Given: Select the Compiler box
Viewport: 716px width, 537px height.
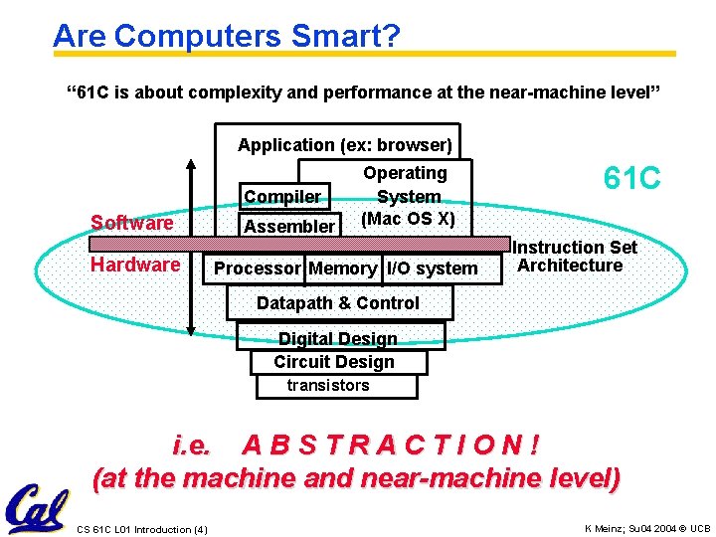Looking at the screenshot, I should point(282,197).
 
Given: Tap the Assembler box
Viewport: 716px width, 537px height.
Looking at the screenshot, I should point(289,226).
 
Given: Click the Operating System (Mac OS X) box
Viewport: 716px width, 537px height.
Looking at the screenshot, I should point(408,196).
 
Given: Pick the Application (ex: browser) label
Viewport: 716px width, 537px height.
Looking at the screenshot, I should point(344,145).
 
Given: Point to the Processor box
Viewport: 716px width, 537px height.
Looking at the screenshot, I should point(257,268).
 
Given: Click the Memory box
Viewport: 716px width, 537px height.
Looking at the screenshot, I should point(343,268).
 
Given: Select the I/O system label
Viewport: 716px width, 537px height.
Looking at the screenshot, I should point(432,268).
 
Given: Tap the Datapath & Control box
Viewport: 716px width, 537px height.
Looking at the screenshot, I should point(338,303).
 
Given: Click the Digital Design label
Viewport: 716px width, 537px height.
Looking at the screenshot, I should point(337,339).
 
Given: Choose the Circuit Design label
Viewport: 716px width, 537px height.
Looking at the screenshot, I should point(334,362).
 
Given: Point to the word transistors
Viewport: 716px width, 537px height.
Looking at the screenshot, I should point(328,385).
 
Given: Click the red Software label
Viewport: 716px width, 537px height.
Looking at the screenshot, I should point(131,223).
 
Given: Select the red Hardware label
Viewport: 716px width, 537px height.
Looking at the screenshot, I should point(134,265).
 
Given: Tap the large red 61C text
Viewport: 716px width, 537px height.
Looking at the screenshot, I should point(631,179).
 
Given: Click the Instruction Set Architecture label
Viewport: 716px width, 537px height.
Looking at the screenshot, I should point(574,257).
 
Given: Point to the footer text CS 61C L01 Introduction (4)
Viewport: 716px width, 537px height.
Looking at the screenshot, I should point(142,528).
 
